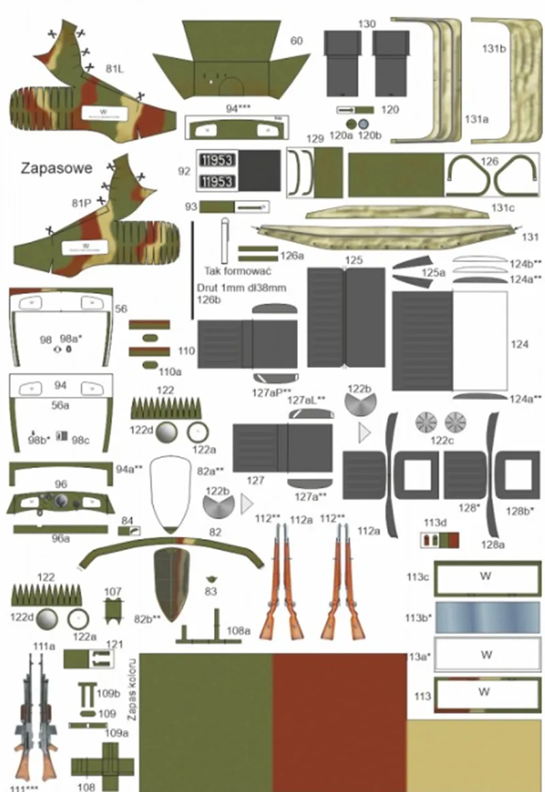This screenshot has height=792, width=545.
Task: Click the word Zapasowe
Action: (x=57, y=168)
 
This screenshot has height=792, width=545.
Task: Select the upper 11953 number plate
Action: (x=217, y=161)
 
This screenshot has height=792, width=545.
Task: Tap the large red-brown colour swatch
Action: (x=339, y=721)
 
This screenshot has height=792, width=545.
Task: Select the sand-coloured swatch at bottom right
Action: (x=475, y=755)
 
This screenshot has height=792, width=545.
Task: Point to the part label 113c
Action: (x=417, y=578)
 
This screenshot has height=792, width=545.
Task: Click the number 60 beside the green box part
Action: (x=296, y=42)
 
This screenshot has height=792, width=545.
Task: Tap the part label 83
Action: (x=211, y=591)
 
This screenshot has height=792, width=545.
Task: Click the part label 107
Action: (x=113, y=591)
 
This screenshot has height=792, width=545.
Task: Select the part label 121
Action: (x=114, y=644)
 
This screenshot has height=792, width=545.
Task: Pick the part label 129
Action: (x=314, y=139)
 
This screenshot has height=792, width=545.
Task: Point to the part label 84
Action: (x=126, y=521)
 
